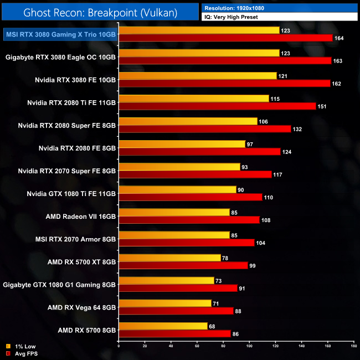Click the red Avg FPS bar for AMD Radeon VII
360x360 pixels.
(x=189, y=220)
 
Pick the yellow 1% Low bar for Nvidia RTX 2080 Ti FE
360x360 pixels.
(x=194, y=98)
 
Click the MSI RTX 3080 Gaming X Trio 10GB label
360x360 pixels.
(x=60, y=34)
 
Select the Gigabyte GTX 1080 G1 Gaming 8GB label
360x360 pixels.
(x=59, y=285)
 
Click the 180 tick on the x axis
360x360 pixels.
(x=353, y=346)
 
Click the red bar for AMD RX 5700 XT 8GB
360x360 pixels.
(x=183, y=265)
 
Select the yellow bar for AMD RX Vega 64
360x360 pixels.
(x=165, y=303)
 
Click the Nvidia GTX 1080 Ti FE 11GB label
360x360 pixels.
(x=71, y=193)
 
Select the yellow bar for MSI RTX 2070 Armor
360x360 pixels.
(x=174, y=235)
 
